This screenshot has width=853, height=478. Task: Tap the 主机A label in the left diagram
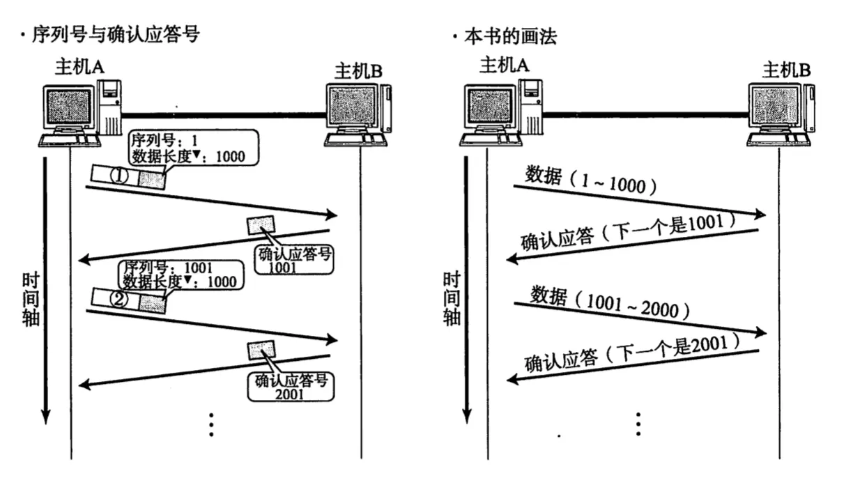coord(81,68)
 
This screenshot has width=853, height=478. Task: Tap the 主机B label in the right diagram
coord(787,70)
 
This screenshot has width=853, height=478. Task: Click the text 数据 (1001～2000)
coord(609,301)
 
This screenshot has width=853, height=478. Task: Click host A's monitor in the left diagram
coord(67,109)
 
